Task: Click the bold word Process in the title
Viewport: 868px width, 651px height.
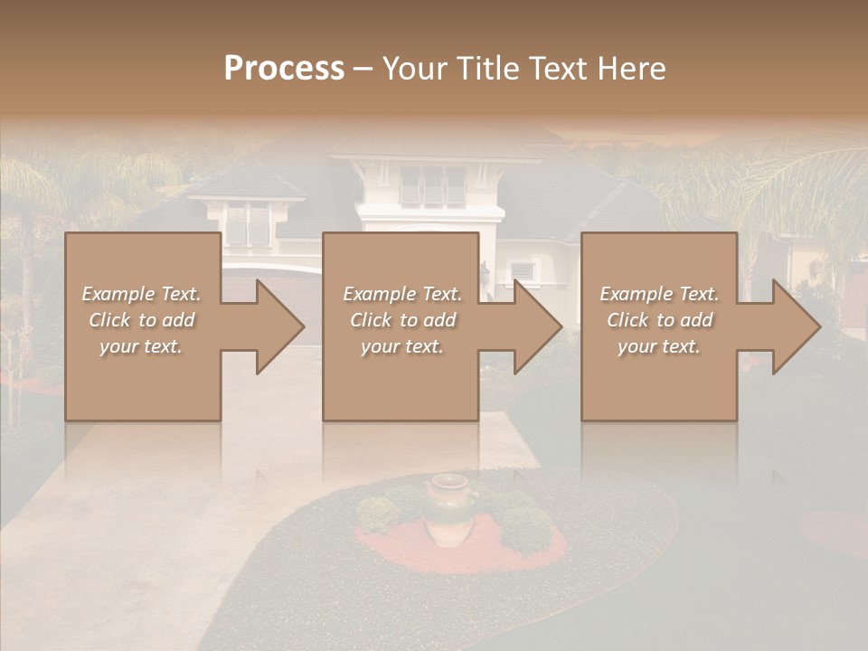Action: pyautogui.click(x=284, y=69)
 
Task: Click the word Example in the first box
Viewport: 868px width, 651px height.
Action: pyautogui.click(x=118, y=294)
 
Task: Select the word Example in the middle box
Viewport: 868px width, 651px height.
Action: pyautogui.click(x=379, y=294)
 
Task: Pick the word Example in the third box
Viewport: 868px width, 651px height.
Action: pyautogui.click(x=636, y=294)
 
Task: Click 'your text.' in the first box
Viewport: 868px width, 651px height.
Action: pyautogui.click(x=141, y=346)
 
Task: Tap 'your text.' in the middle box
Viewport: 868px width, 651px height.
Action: pyautogui.click(x=402, y=346)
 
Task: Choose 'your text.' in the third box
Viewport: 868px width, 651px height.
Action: pyautogui.click(x=659, y=346)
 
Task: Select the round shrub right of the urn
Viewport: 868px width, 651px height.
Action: pyautogui.click(x=526, y=528)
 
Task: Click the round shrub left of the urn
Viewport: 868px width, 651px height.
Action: pyautogui.click(x=378, y=514)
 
